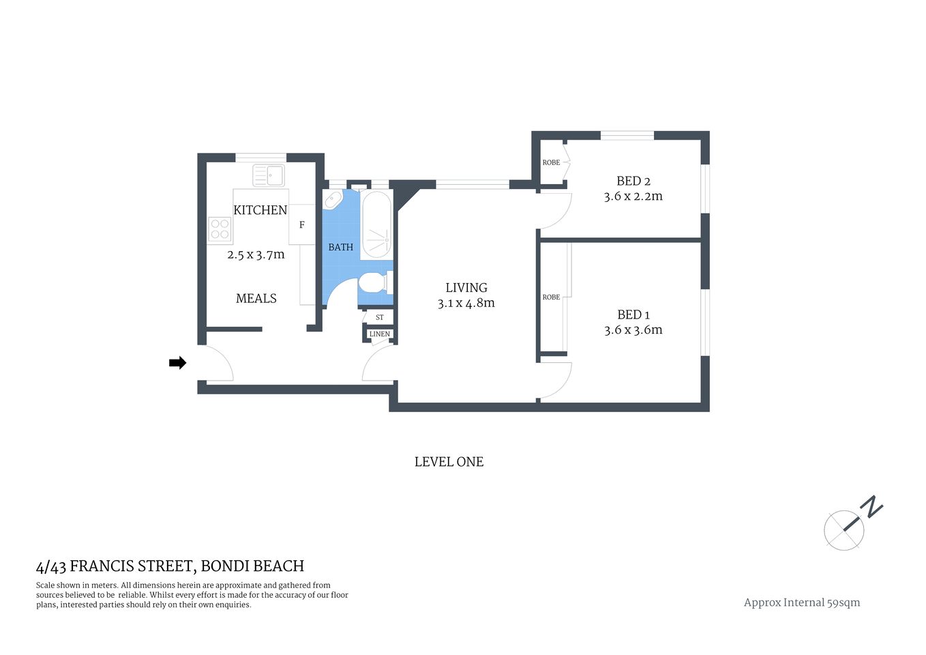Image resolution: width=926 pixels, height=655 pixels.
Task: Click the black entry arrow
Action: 177,363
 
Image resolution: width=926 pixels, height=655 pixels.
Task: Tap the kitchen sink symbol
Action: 269,175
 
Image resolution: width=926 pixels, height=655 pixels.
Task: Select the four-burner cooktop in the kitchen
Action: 220,229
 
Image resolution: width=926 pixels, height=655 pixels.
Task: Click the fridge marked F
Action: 301,225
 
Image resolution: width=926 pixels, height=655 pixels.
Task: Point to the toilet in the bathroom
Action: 374,282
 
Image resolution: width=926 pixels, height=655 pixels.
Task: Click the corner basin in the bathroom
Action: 333,200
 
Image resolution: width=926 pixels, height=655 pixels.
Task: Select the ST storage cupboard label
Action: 380,317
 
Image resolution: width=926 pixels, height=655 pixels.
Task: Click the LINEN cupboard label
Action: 380,334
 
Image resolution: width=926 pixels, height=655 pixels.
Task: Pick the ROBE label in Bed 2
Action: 551,162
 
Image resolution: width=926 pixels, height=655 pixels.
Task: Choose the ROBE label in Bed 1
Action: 551,297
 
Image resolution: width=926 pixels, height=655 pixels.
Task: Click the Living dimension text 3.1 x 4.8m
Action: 466,304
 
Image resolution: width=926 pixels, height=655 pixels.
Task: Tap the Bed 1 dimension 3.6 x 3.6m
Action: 633,330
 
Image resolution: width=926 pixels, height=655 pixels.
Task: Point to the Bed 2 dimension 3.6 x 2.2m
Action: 633,196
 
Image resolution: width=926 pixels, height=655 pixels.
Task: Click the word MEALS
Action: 256,298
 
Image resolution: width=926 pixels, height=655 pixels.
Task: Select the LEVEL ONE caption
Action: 449,462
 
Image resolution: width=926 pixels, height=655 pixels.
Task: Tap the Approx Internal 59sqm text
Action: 801,602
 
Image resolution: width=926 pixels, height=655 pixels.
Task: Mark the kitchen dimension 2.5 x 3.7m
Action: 256,254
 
